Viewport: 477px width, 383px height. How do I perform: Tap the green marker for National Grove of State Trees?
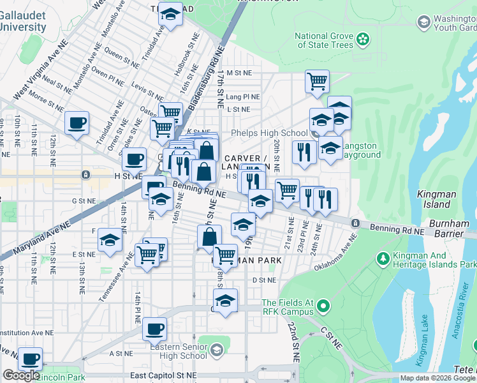[x=362, y=40]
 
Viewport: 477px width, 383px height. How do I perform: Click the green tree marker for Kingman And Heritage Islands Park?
[x=383, y=259]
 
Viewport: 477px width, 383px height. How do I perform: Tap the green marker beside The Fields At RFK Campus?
[x=323, y=307]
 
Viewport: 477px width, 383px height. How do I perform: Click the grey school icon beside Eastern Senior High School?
[x=217, y=350]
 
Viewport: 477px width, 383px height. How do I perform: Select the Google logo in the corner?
[x=21, y=375]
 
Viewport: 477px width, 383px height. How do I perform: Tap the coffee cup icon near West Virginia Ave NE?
[x=77, y=123]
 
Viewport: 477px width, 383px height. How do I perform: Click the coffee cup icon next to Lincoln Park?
[x=30, y=358]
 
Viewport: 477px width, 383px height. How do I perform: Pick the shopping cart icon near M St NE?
[x=316, y=81]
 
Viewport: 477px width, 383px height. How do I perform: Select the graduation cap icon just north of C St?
[x=225, y=300]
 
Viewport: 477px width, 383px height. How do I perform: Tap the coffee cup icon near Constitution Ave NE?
[x=154, y=329]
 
